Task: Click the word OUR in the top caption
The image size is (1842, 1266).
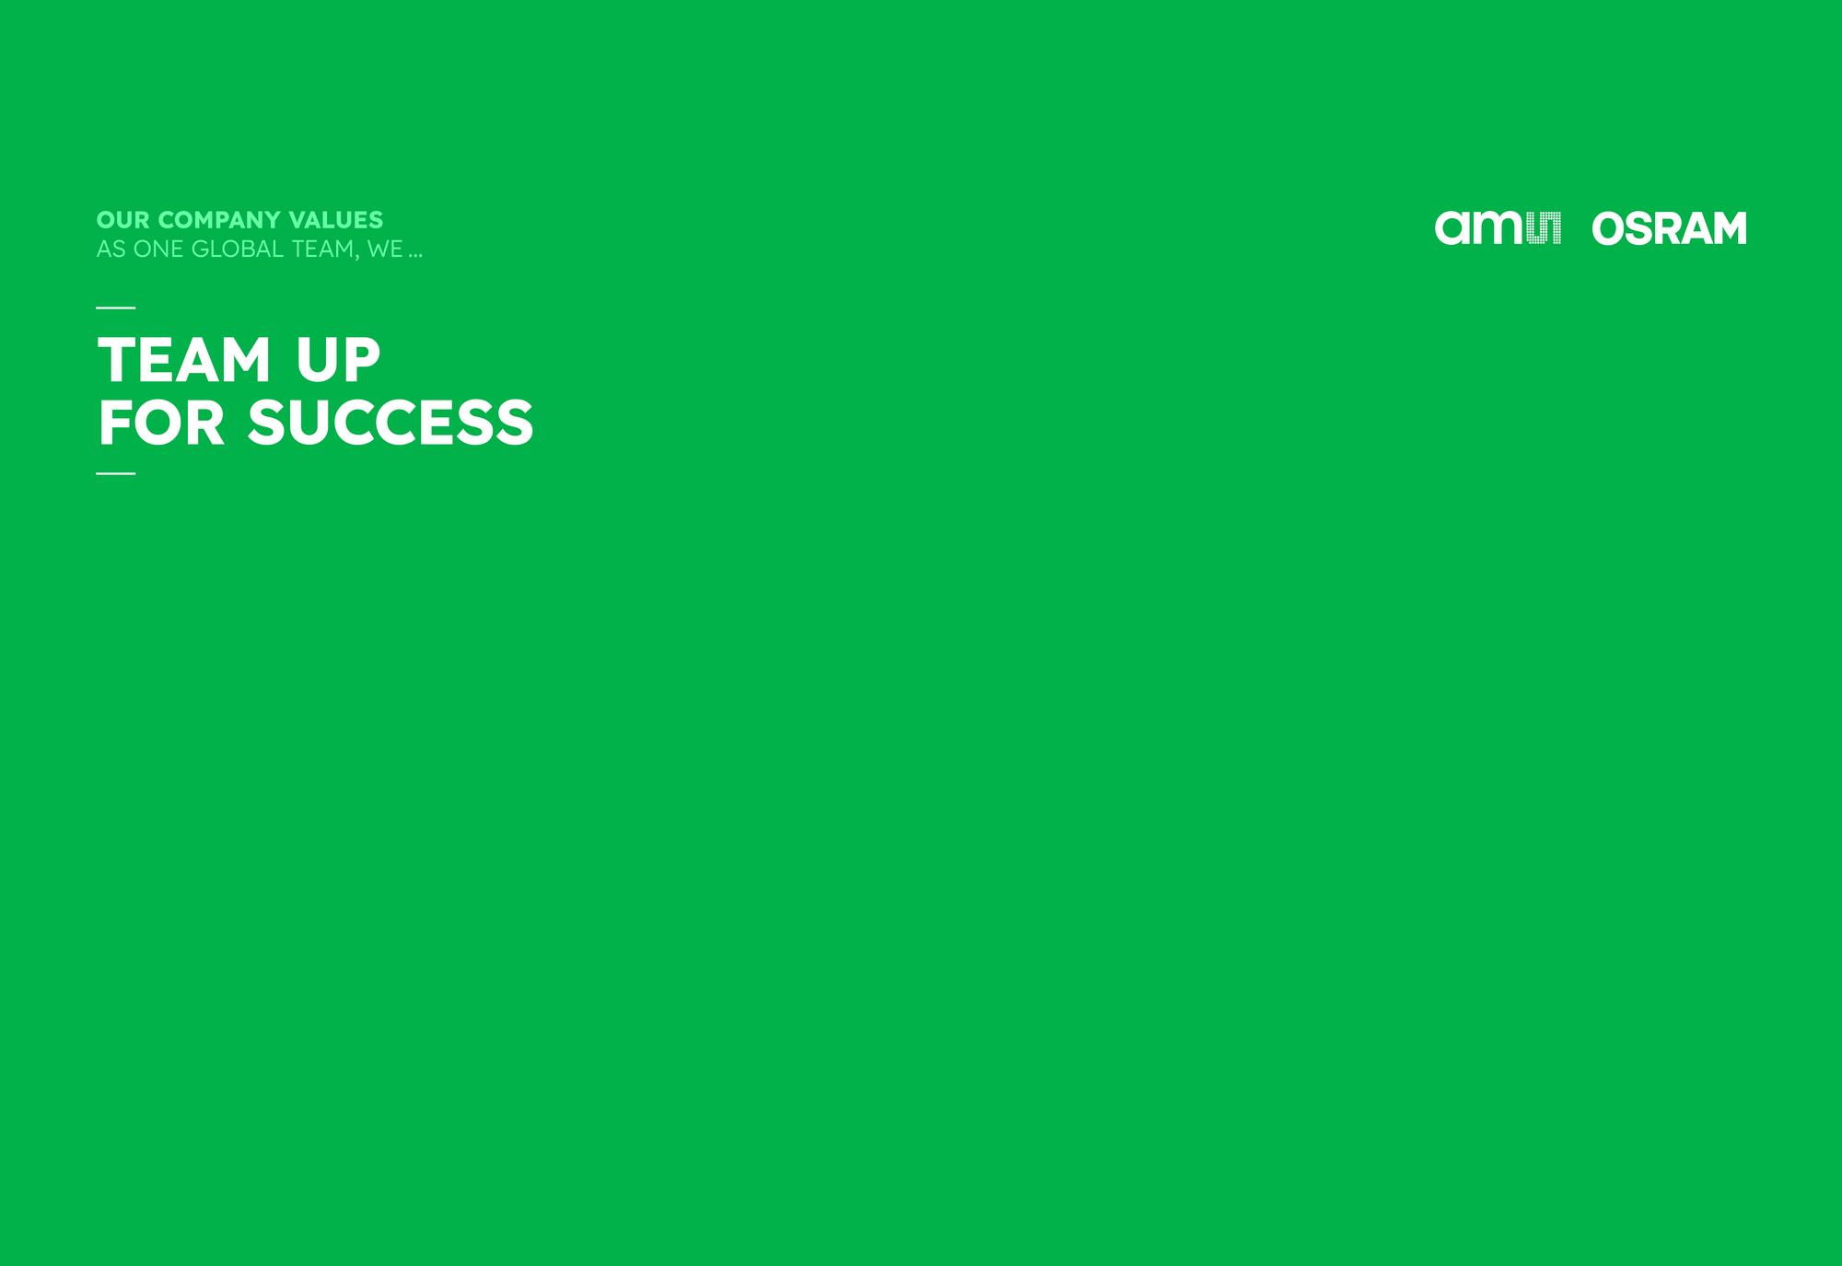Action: [123, 220]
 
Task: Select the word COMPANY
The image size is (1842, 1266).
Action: [219, 220]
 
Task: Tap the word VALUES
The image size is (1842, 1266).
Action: [336, 220]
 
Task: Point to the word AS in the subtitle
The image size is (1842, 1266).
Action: [111, 250]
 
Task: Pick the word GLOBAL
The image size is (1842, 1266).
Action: [238, 250]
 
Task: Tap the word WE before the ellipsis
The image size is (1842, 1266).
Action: [385, 250]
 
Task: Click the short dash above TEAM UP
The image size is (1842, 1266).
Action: [116, 308]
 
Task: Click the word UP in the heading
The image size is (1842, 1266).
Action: [338, 359]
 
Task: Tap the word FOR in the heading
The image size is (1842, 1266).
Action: [161, 423]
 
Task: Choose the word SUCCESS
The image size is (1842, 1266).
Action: [391, 423]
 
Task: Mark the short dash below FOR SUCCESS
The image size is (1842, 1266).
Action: [116, 473]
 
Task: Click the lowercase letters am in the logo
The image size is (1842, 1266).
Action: [1480, 228]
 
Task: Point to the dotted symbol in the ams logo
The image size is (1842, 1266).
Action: [1545, 228]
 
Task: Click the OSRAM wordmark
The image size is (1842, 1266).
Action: [1669, 228]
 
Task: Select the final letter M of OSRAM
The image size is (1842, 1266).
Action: [1729, 228]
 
